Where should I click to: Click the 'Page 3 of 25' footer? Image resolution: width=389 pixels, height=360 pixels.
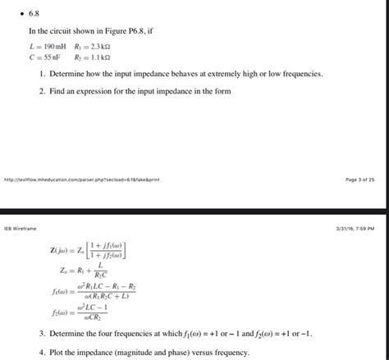coord(359,180)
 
